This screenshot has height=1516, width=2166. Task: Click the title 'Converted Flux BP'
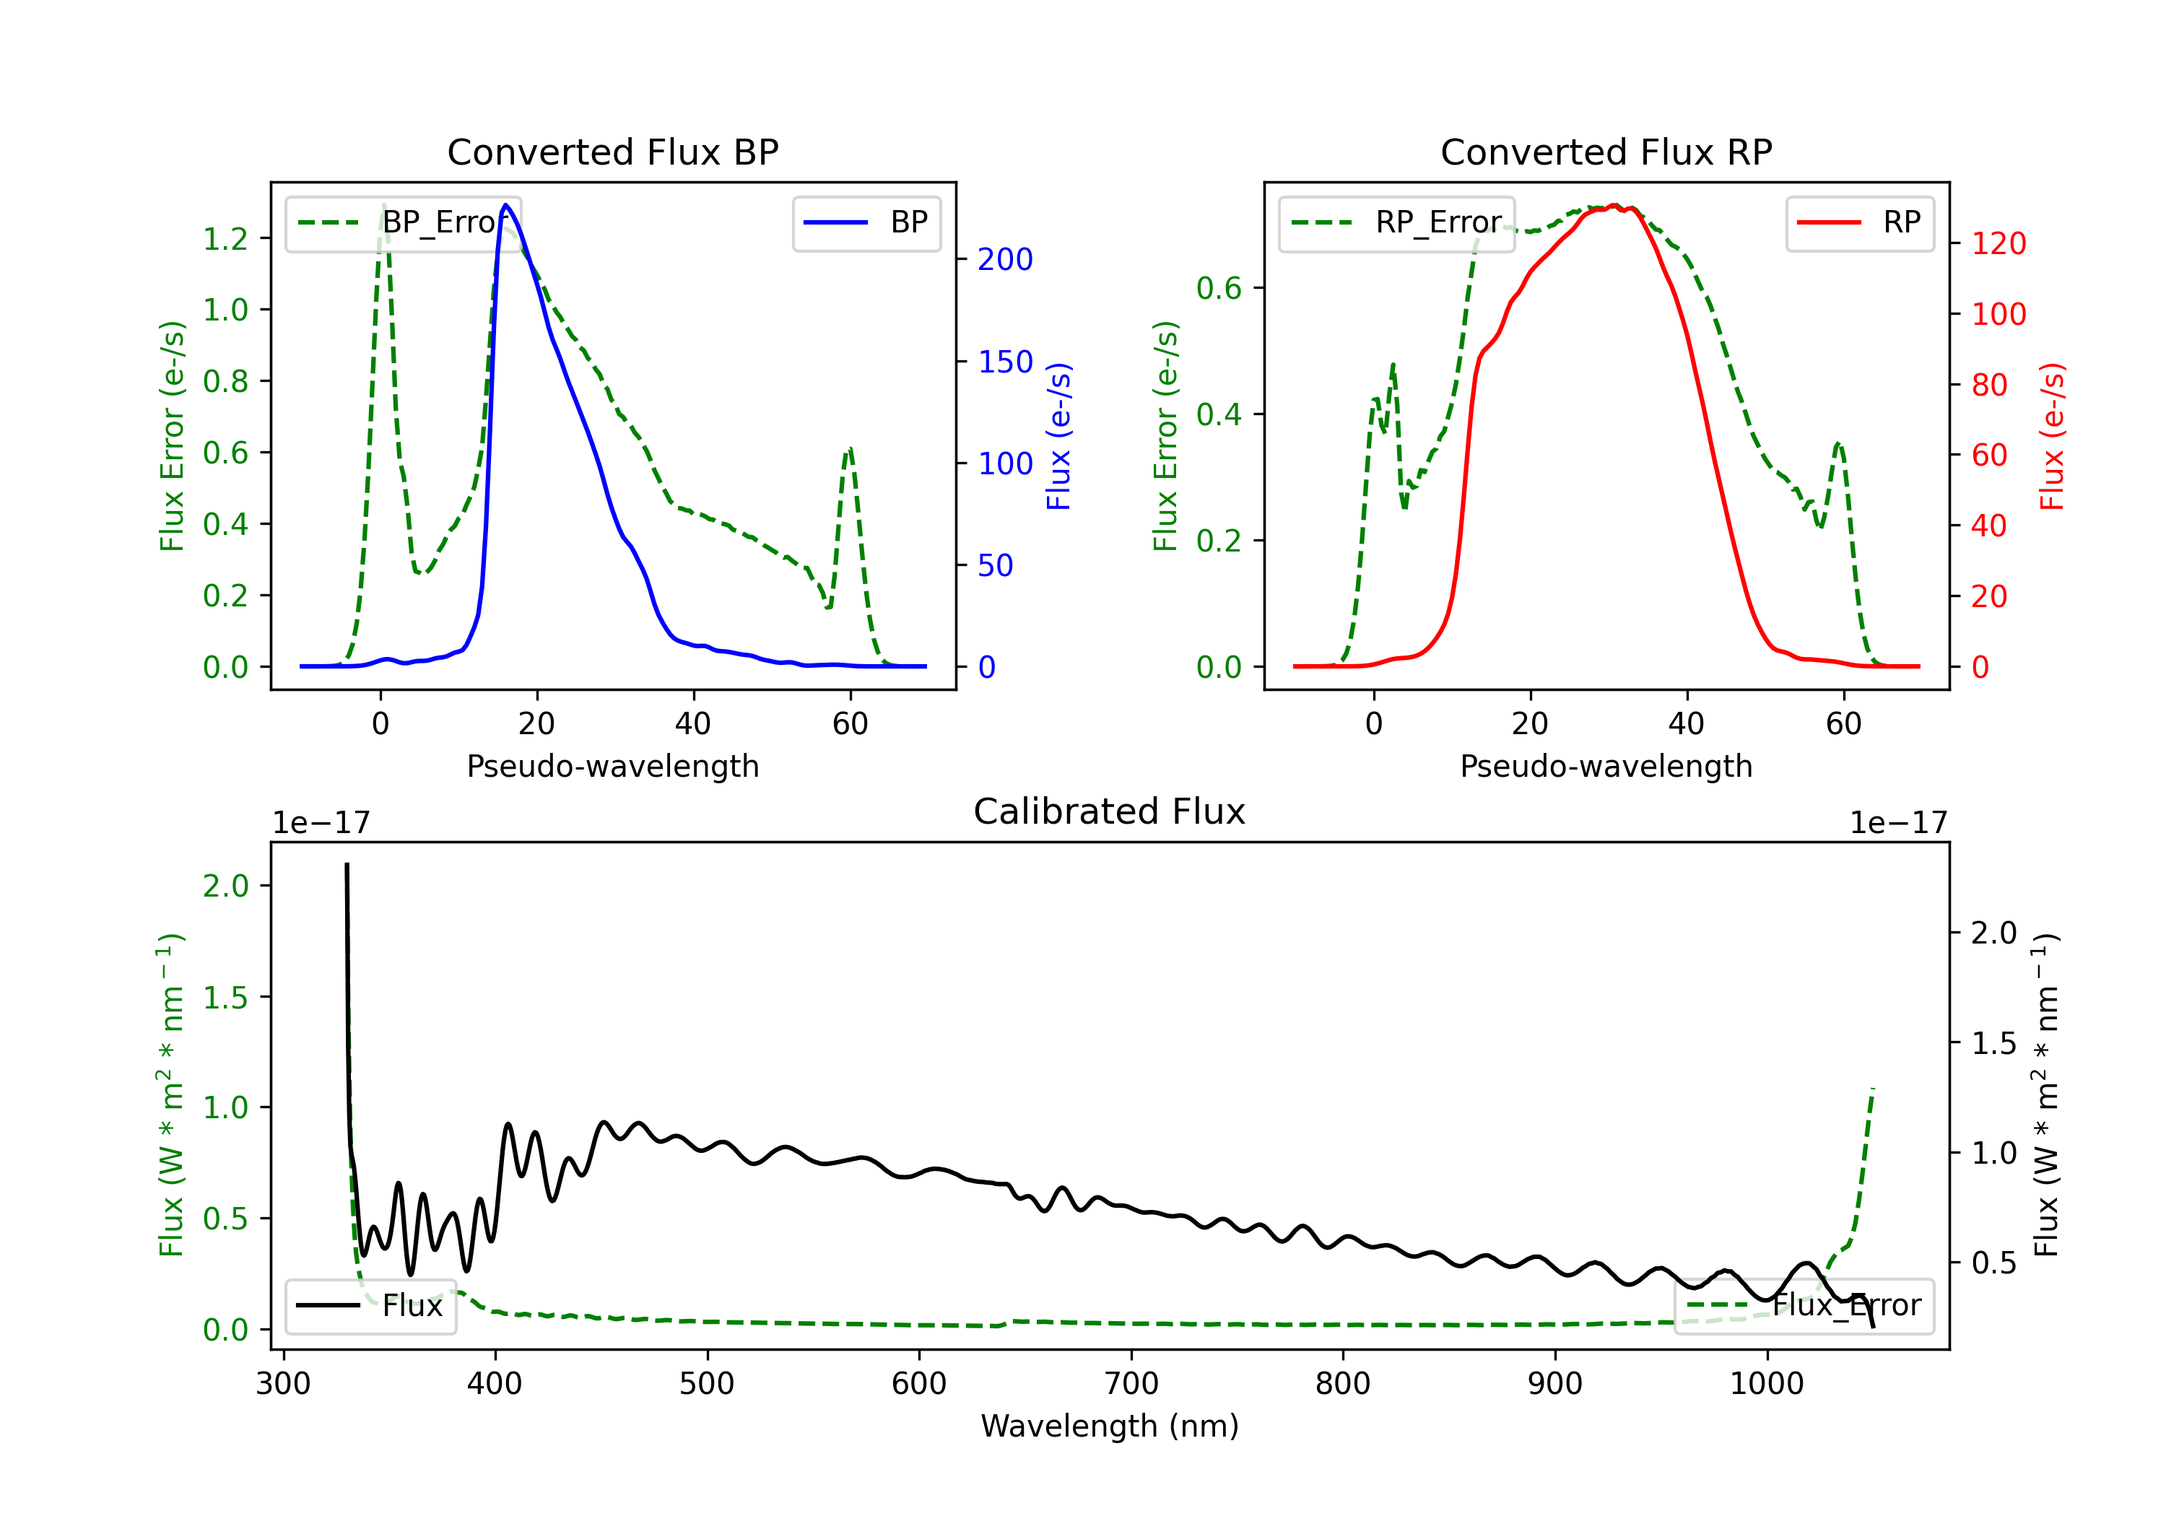612,152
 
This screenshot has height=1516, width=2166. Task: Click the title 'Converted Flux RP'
1606,152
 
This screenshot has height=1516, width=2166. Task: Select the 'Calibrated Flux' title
1110,811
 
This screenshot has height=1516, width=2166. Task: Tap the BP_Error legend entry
403,222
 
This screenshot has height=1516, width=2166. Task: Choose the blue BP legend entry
866,222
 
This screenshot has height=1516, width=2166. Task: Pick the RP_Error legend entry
1396,222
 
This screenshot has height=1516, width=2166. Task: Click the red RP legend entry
1859,222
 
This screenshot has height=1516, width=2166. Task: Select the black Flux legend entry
370,1306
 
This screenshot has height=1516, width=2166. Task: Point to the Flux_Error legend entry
1804,1306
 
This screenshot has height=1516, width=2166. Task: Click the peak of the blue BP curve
505,205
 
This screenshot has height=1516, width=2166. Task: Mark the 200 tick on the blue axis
1005,259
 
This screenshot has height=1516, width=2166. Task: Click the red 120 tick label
1998,243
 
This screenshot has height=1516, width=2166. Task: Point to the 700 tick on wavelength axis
1131,1384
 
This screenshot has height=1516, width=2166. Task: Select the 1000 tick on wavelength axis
1766,1384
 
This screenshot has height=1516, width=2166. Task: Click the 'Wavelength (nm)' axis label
1110,1426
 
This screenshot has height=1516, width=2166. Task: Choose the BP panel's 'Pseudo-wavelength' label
612,766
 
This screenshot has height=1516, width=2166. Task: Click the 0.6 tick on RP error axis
1219,288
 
